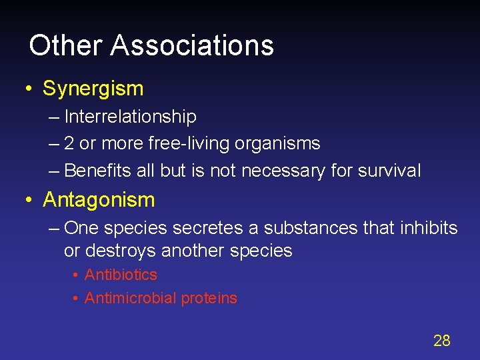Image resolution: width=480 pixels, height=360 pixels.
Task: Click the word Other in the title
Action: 65,45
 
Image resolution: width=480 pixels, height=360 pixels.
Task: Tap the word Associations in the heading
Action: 192,45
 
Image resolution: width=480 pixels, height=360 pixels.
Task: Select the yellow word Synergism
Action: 93,88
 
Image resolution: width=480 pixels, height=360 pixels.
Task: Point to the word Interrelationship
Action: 131,117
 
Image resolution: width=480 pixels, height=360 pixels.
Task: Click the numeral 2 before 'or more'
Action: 69,143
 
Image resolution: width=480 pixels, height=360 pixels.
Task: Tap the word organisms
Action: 281,143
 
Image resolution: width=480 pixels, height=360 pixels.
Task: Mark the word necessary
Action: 283,171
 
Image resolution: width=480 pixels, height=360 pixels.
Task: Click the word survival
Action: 389,171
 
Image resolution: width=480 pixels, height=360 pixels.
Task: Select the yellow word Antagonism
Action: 99,199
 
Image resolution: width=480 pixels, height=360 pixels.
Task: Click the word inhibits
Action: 429,228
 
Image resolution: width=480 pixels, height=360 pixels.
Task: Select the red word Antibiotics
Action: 121,275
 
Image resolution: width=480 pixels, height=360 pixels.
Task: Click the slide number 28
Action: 442,341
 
